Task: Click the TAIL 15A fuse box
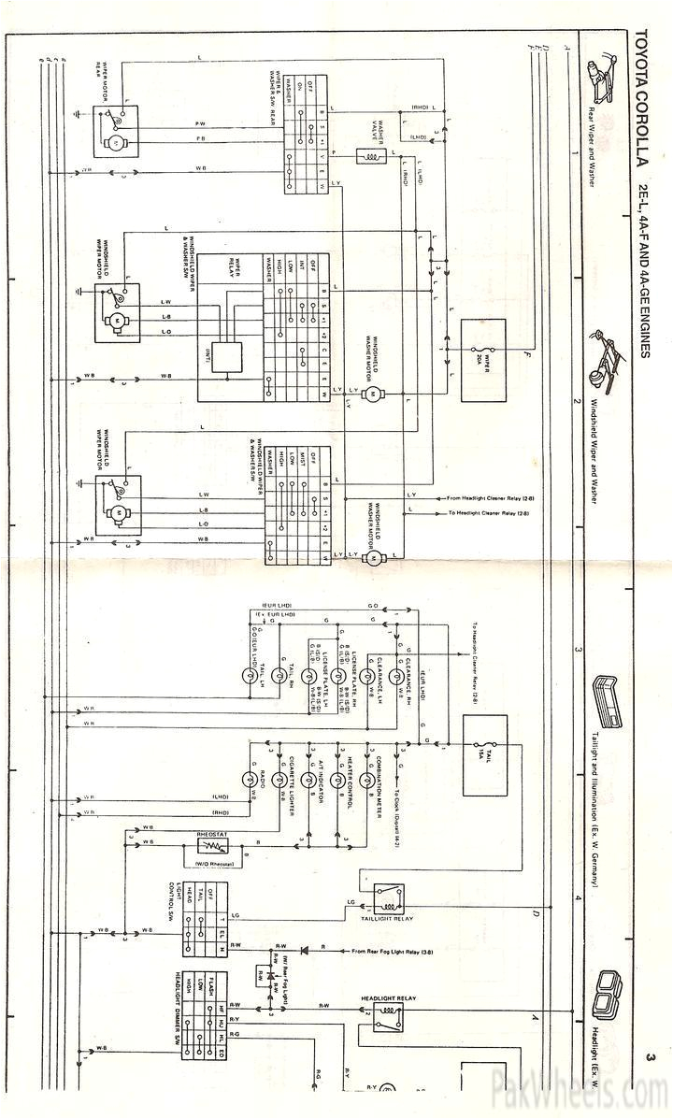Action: coord(485,755)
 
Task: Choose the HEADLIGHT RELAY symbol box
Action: coord(387,1021)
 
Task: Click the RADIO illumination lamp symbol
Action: coord(250,778)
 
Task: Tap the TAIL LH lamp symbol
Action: coord(250,675)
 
